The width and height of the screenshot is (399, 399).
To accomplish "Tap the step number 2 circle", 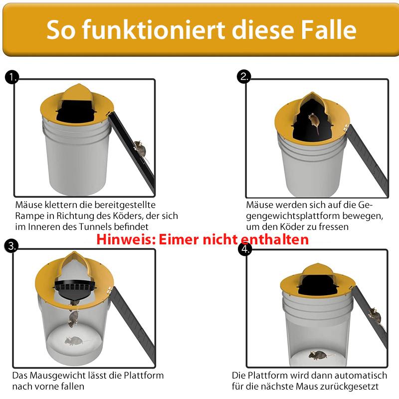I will pyautogui.click(x=244, y=76).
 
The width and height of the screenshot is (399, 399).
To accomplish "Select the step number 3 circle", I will pyautogui.click(x=11, y=245).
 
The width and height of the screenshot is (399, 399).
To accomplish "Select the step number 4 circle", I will pyautogui.click(x=244, y=249).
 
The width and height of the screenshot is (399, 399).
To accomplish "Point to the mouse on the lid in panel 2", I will pyautogui.click(x=314, y=121).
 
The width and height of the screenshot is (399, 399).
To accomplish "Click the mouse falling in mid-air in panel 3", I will pyautogui.click(x=73, y=318).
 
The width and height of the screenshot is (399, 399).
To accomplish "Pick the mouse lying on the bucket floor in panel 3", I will pyautogui.click(x=73, y=341).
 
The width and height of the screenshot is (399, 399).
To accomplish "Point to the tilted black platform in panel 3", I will pyautogui.click(x=75, y=289).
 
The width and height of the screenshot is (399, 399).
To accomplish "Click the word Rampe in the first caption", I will pyautogui.click(x=29, y=216).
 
